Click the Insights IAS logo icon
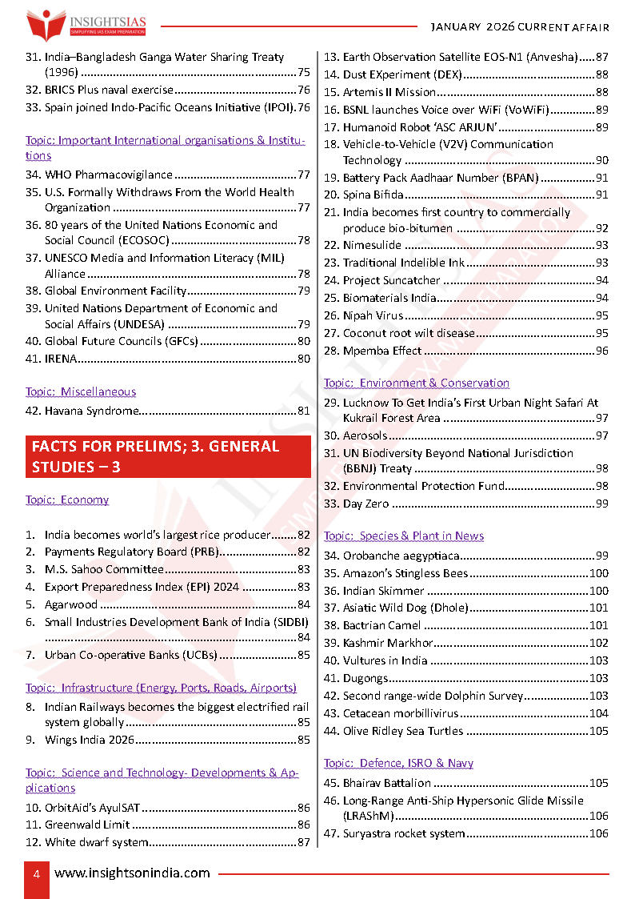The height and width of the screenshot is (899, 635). [x=46, y=24]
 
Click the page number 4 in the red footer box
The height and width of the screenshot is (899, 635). [x=36, y=873]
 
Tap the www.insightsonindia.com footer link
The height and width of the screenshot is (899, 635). [x=132, y=873]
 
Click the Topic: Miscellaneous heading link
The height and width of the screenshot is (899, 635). [x=81, y=391]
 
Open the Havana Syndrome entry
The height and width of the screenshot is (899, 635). [x=92, y=411]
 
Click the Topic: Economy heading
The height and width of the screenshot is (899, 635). [x=67, y=500]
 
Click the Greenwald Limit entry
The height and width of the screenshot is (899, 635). [x=87, y=825]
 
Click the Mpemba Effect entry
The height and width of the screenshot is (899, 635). [x=382, y=351]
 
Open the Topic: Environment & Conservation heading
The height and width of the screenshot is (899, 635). [x=417, y=383]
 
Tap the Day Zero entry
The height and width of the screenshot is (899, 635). [x=365, y=504]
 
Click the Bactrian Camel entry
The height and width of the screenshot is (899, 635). [x=381, y=625]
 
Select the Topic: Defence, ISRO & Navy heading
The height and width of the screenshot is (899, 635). [x=398, y=763]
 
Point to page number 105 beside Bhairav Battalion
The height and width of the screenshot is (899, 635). [x=598, y=783]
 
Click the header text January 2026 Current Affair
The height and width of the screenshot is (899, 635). [x=520, y=27]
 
